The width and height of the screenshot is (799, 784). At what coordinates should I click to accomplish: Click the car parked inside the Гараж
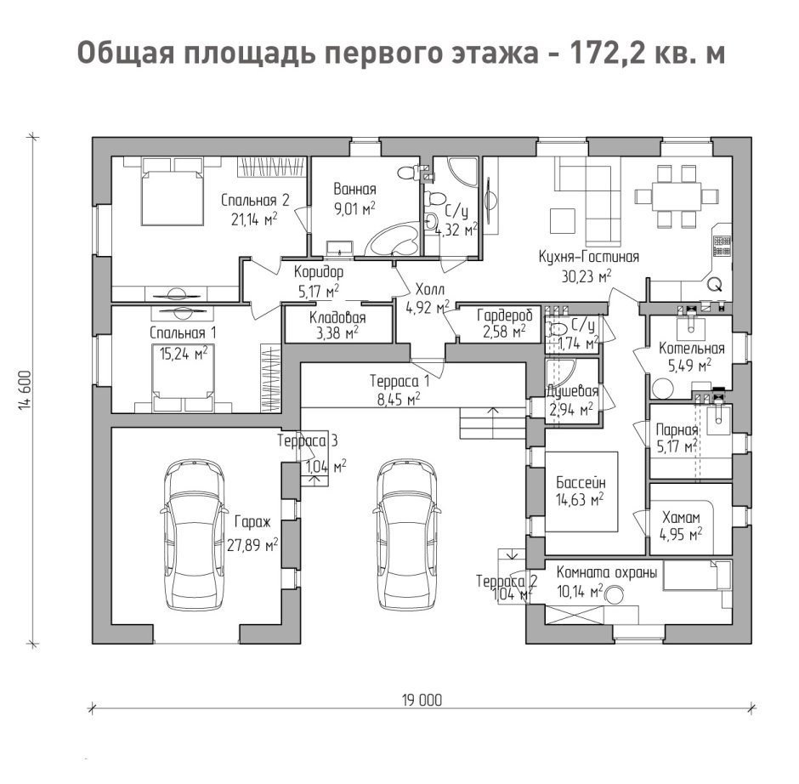196,536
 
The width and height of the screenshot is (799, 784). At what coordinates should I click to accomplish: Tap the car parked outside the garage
407,536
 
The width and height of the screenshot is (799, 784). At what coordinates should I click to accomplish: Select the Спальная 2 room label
255,201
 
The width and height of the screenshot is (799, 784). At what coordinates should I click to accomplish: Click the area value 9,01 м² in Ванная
354,207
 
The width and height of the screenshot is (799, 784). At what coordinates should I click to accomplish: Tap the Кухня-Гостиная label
588,256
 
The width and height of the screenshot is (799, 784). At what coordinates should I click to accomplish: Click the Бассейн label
581,481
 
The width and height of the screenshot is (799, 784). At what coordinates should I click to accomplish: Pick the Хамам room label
680,517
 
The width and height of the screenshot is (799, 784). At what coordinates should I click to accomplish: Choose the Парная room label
676,429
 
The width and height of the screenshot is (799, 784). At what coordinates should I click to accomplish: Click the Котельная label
691,348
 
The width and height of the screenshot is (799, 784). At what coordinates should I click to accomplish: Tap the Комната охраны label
607,573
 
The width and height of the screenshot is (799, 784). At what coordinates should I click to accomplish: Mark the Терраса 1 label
399,381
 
